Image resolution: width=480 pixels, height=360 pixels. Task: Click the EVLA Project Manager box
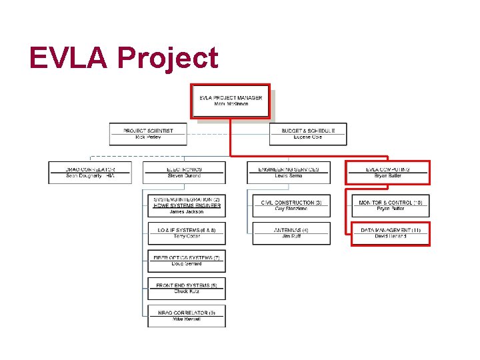231,101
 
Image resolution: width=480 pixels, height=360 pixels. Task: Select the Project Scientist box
148,134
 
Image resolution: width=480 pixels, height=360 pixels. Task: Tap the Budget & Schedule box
307,134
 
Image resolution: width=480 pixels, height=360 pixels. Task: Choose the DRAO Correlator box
90,173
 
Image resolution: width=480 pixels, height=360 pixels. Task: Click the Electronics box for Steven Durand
185,173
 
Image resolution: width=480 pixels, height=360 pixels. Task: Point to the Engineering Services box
288,173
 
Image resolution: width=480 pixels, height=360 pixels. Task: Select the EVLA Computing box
387,173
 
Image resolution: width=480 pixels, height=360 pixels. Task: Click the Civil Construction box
291,205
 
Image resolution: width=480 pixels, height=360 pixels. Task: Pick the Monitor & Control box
391,205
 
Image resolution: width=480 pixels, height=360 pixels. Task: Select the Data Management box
391,233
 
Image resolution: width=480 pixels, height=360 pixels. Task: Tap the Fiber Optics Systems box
187,261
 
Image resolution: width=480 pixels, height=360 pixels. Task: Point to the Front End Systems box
187,289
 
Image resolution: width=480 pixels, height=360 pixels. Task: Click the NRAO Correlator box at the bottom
187,316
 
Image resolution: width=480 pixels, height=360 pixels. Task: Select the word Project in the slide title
167,59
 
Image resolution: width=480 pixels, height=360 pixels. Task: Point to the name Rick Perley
148,137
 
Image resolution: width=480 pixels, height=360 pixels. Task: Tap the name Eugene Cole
307,137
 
